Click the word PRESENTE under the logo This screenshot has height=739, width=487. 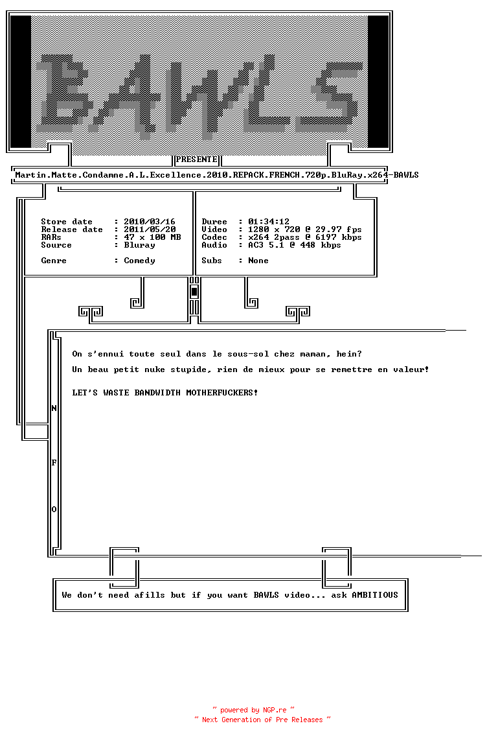196,159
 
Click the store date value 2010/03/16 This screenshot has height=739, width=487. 150,222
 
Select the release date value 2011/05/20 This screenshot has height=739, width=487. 150,229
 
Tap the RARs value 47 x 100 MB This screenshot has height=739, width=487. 152,237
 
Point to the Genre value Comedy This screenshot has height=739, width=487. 139,261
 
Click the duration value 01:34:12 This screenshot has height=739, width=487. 269,222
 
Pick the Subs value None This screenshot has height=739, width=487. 258,261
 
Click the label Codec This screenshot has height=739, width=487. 214,237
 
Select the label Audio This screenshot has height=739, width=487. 214,245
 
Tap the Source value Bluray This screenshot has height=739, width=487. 139,245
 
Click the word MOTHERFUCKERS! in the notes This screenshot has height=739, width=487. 222,393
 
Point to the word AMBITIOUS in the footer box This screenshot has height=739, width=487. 375,595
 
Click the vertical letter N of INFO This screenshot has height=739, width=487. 54,408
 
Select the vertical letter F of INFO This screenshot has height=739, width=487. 54,463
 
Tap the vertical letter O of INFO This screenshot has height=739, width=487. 54,510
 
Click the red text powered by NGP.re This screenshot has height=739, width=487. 253,710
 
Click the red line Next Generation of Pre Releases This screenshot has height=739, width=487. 262,720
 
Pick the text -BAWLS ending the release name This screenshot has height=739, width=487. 403,175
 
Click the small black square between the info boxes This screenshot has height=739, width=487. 194,292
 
